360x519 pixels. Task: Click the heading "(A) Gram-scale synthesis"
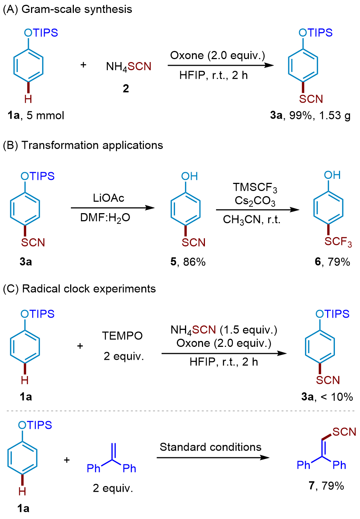(68, 9)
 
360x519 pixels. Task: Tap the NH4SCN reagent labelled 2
(128, 66)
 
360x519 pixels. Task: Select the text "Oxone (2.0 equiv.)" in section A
(217, 56)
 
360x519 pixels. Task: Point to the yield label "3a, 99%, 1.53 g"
(310, 115)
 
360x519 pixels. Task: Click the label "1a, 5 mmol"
(36, 115)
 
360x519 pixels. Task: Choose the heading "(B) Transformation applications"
(83, 145)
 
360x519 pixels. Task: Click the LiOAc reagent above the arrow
(109, 198)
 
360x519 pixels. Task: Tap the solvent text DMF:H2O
(105, 218)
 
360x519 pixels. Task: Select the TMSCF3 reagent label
(255, 188)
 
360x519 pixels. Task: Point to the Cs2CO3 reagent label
(255, 201)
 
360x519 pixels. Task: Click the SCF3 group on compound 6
(338, 242)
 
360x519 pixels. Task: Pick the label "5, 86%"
(188, 262)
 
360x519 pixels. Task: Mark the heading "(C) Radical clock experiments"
(79, 288)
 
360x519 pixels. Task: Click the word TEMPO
(122, 336)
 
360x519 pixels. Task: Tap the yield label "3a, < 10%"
(327, 397)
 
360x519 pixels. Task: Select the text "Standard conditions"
(210, 447)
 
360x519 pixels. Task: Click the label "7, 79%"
(326, 485)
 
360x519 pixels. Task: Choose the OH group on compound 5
(189, 176)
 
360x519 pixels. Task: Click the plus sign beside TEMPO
(80, 346)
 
